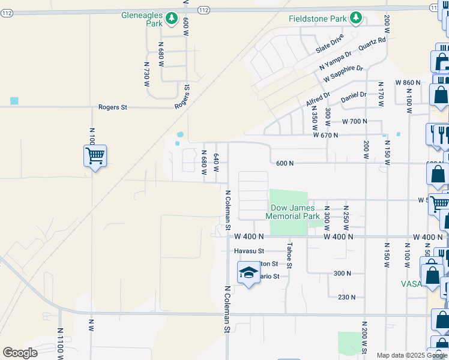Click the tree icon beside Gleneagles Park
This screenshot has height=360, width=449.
(x=171, y=19)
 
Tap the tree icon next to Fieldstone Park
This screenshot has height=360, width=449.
(x=356, y=18)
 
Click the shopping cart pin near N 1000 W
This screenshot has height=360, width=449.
(x=95, y=157)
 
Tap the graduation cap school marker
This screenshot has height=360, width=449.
(x=247, y=274)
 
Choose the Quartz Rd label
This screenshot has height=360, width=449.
(x=372, y=44)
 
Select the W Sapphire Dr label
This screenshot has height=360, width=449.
(x=343, y=74)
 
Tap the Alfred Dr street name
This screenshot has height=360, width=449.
(x=318, y=100)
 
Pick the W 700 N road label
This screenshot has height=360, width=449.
(x=354, y=121)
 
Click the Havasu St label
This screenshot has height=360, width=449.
(x=249, y=251)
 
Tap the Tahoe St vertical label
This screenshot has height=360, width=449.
(x=289, y=255)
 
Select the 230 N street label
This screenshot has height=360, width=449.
(x=346, y=297)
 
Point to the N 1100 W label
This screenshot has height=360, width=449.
(x=60, y=339)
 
